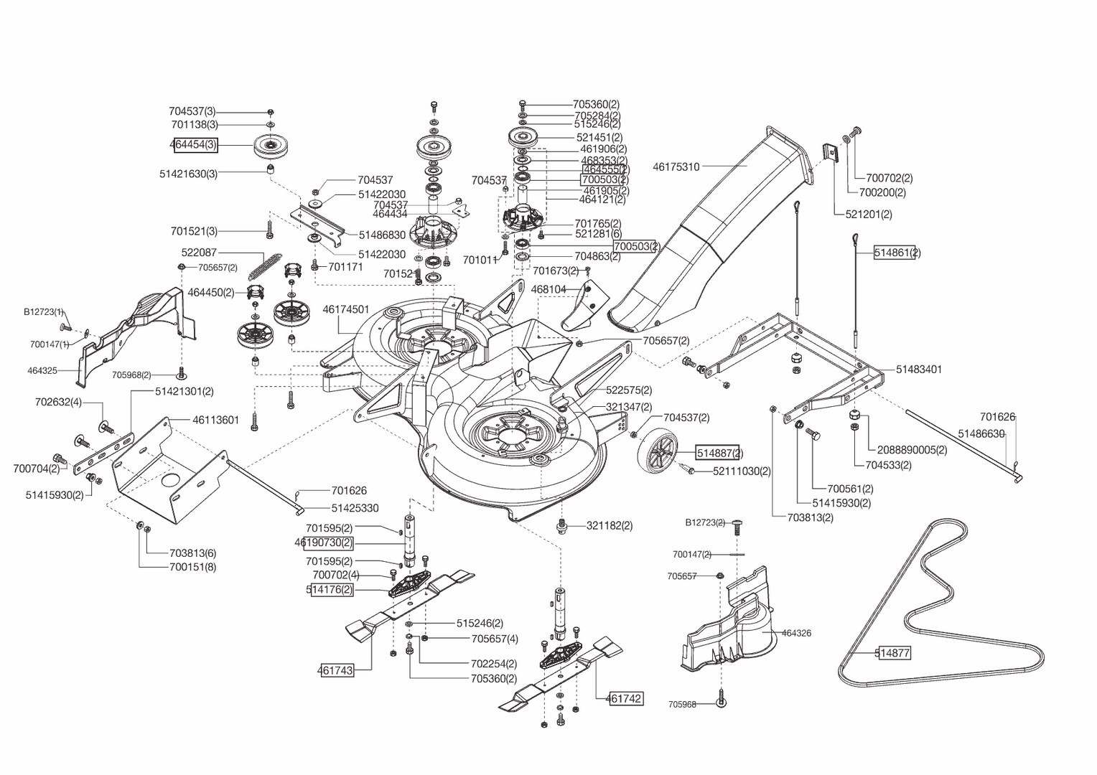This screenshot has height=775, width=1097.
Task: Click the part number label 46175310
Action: point(676,167)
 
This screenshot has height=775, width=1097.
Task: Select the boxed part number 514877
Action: point(893,653)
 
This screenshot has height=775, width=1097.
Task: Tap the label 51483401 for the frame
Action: point(919,370)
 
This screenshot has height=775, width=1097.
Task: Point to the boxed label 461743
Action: point(336,671)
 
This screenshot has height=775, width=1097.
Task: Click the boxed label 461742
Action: point(625,698)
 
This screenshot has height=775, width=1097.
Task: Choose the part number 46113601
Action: point(215,421)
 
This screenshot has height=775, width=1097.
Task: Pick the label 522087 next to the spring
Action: point(199,253)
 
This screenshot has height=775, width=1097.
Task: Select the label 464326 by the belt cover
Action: point(796,633)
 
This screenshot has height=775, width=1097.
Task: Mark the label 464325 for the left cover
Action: point(42,371)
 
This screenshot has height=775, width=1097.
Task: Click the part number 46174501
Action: point(346,310)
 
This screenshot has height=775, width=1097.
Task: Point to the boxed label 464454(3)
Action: point(194,145)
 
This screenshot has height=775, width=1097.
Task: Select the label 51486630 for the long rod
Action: point(981,434)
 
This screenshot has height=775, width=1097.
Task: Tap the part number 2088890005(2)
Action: point(912,450)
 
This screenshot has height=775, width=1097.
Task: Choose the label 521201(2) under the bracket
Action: point(869,215)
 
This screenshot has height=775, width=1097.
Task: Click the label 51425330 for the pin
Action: point(355,508)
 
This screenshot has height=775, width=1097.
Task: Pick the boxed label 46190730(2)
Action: point(325,542)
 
